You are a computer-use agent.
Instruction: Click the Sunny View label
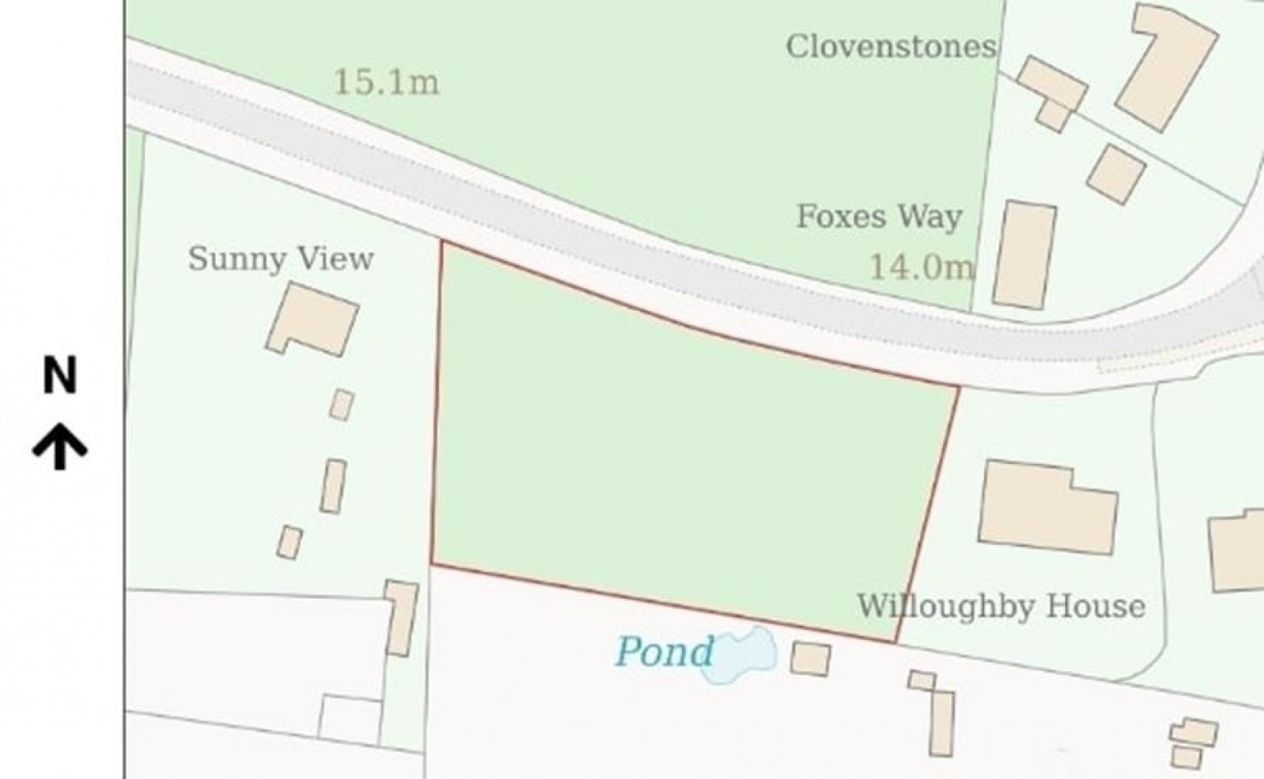click(x=281, y=259)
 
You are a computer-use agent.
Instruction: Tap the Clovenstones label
click(x=891, y=46)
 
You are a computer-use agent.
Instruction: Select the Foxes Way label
click(x=879, y=216)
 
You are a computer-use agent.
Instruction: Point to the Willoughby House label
click(x=1001, y=606)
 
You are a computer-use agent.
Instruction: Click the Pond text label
click(x=664, y=652)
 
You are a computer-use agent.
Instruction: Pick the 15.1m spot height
click(x=386, y=83)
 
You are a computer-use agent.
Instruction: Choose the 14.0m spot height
click(x=920, y=268)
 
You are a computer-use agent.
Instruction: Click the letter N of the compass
click(x=60, y=376)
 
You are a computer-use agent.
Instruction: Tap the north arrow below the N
click(x=60, y=446)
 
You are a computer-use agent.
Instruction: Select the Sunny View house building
click(x=313, y=319)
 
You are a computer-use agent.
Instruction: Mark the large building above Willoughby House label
click(x=1047, y=507)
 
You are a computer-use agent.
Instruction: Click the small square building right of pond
click(x=810, y=659)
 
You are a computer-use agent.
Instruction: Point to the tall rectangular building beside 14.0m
click(x=1024, y=254)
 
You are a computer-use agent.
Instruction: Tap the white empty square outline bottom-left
click(x=351, y=720)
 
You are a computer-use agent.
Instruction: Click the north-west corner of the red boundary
click(x=442, y=243)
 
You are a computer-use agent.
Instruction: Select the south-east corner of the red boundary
click(x=895, y=643)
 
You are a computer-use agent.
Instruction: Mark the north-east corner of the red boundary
click(x=959, y=387)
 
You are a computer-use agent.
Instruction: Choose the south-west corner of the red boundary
click(x=431, y=563)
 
